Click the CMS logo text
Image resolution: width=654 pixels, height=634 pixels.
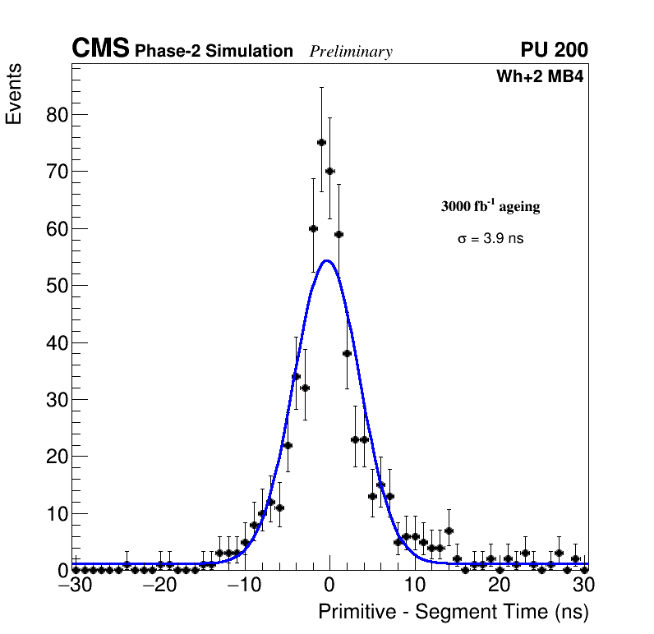click(x=100, y=49)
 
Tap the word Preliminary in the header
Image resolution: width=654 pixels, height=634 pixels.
click(x=351, y=52)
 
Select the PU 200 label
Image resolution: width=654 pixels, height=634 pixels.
click(x=554, y=50)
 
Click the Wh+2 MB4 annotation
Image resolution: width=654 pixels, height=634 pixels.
click(x=540, y=77)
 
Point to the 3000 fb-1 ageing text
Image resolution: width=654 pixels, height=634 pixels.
click(x=490, y=206)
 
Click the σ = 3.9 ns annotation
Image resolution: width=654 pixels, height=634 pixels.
click(x=490, y=239)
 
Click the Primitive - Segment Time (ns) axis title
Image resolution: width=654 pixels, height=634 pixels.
click(x=454, y=612)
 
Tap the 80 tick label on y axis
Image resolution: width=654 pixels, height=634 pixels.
click(x=56, y=114)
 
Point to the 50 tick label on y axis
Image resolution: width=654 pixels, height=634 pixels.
click(x=56, y=286)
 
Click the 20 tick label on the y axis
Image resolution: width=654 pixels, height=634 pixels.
click(x=56, y=457)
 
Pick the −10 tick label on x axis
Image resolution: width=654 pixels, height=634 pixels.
click(x=242, y=586)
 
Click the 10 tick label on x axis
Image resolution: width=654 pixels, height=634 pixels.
click(x=414, y=586)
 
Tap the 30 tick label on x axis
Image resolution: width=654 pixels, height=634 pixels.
click(x=583, y=586)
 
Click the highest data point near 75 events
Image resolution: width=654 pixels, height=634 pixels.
click(x=321, y=142)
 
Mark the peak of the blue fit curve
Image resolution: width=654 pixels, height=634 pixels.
click(x=327, y=260)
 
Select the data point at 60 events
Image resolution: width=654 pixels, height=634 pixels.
click(x=313, y=228)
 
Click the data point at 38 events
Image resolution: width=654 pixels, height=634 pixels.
click(x=347, y=353)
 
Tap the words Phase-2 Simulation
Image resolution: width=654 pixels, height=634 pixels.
click(x=214, y=52)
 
